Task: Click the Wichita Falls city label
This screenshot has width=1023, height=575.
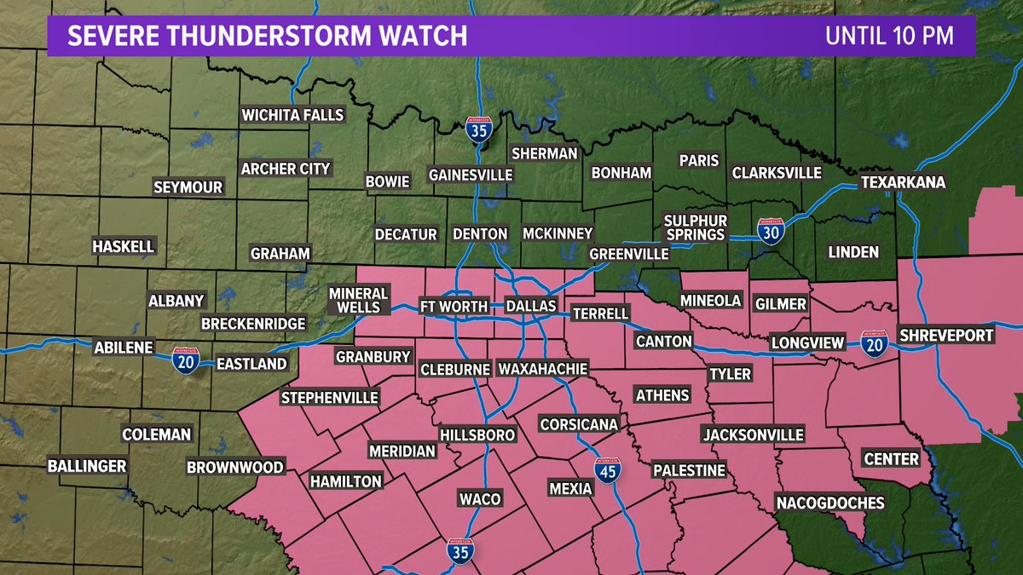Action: [x=292, y=115]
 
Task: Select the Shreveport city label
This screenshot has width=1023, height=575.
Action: [x=946, y=335]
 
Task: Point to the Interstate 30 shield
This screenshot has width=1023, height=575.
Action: [x=770, y=231]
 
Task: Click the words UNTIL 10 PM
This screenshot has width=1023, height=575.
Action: [x=888, y=36]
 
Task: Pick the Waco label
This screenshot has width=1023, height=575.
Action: [x=479, y=498]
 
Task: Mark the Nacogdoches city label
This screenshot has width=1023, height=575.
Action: [x=829, y=503]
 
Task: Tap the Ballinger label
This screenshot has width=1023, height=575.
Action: [x=87, y=466]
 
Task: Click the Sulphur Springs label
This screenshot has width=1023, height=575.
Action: [x=694, y=227]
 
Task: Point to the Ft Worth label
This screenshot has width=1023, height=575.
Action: [x=453, y=306]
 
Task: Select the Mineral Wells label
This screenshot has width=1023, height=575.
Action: [x=359, y=300]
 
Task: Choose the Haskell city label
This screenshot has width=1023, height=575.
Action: [x=124, y=247]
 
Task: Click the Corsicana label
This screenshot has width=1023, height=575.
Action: [x=578, y=424]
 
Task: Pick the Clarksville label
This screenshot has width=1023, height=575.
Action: [x=777, y=173]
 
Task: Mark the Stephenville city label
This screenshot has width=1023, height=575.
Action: [x=330, y=398]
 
